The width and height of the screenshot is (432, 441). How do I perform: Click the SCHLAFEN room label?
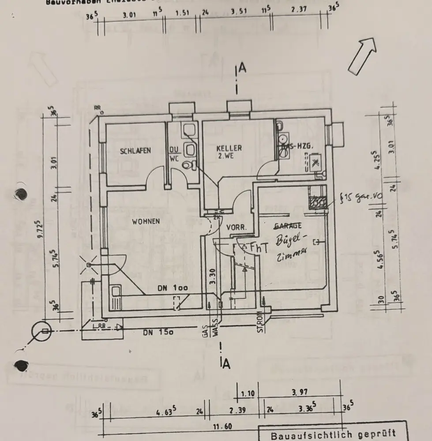[x=135, y=151]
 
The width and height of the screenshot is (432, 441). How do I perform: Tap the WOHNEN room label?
[x=146, y=222]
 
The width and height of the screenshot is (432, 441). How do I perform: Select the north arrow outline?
[x=362, y=55]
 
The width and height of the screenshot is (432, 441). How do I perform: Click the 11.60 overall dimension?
[x=223, y=427]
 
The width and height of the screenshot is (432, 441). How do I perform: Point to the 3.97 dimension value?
[x=300, y=391]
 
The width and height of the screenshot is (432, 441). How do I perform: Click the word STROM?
[x=260, y=322]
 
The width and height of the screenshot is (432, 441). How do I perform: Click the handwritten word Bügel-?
[x=290, y=240]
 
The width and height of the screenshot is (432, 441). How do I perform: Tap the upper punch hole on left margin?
[x=21, y=194]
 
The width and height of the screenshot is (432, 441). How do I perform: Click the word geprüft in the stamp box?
[x=375, y=434]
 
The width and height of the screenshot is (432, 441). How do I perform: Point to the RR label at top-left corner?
[x=97, y=108]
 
